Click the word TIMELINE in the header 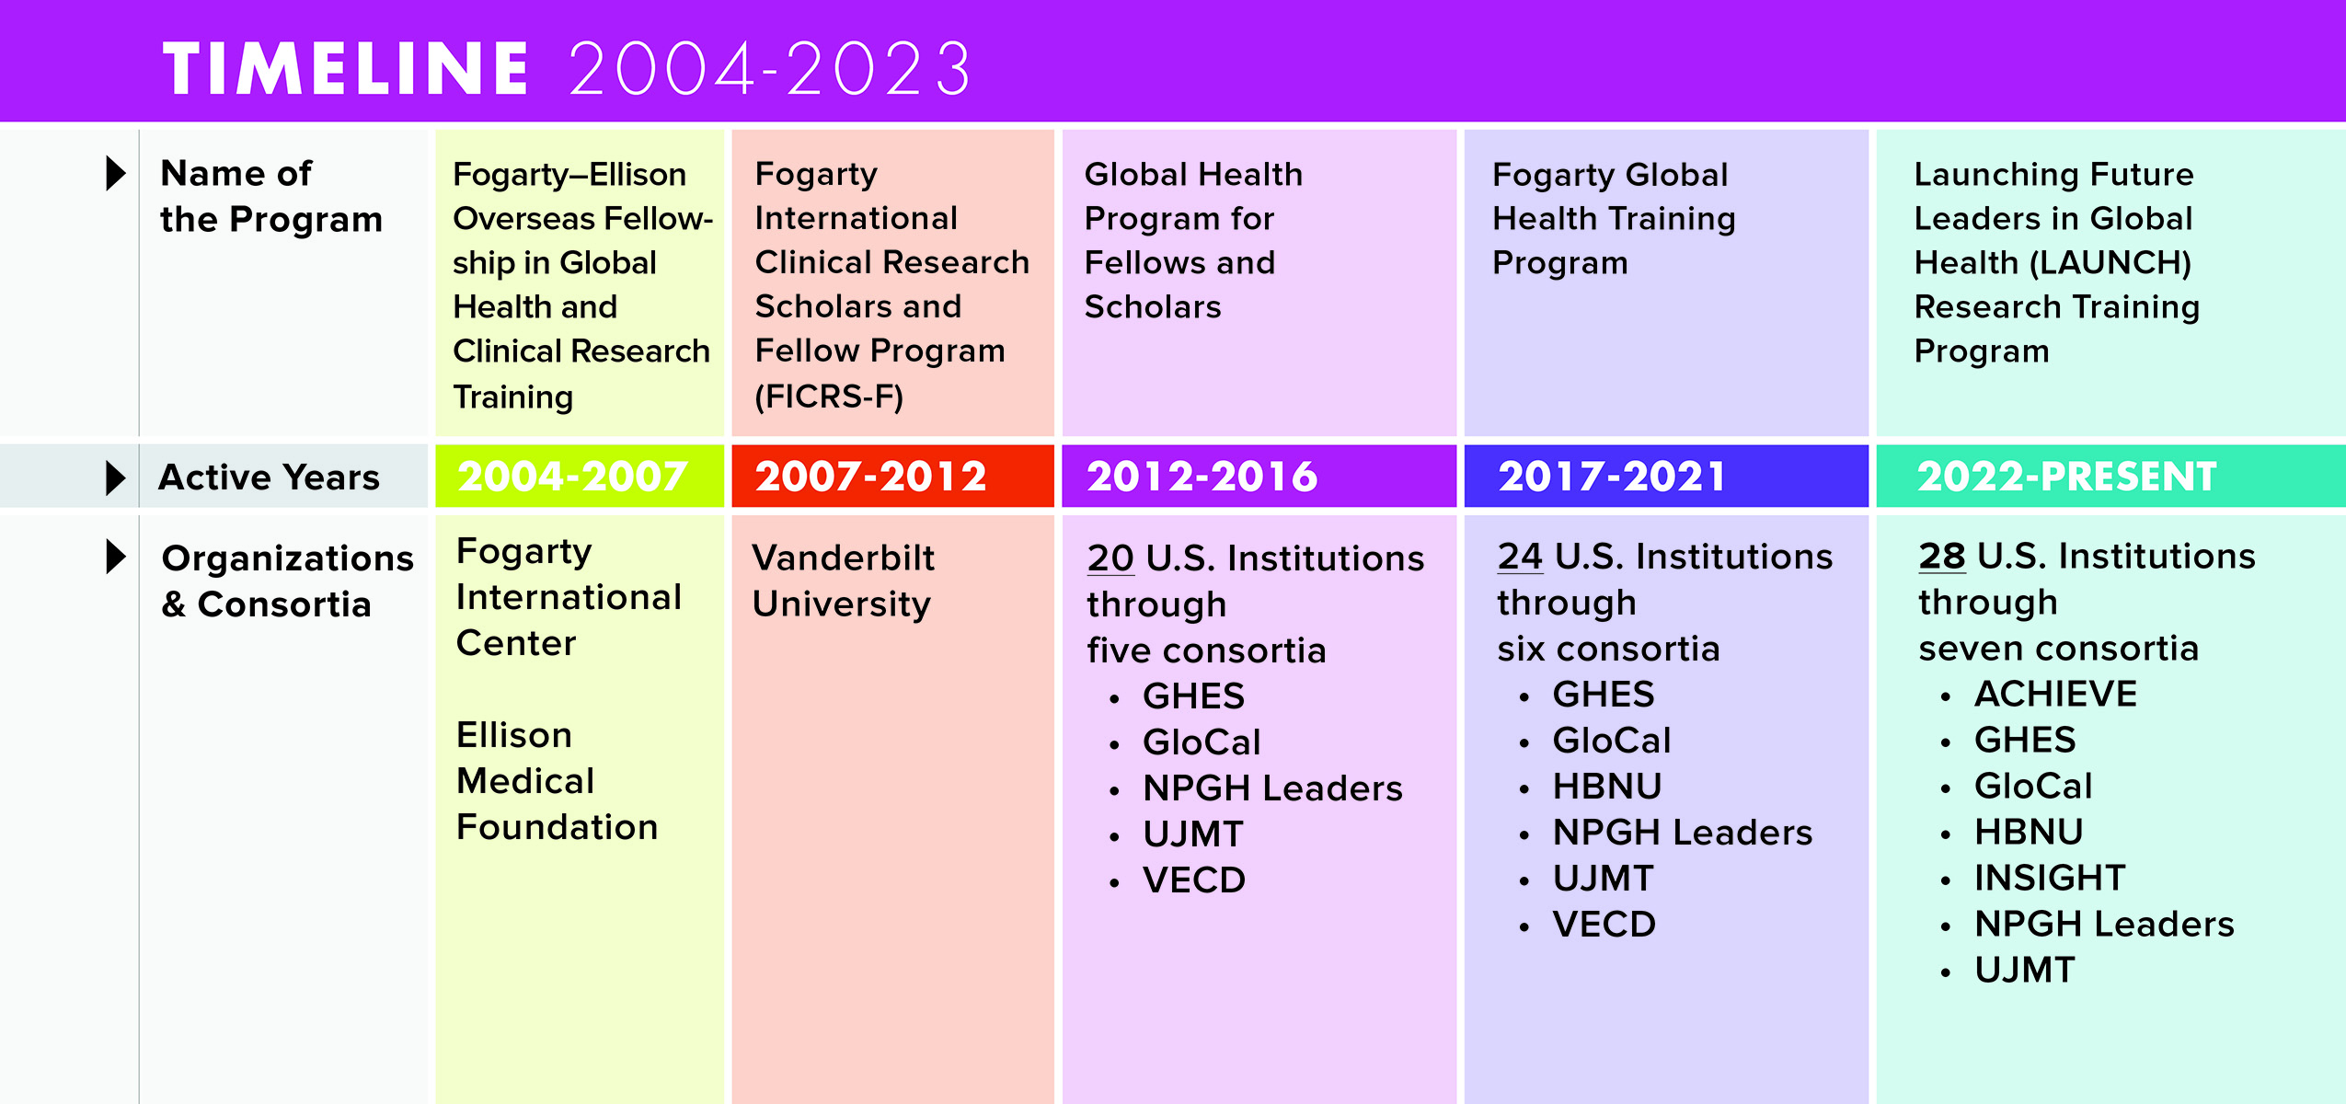(346, 69)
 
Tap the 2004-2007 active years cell (580, 476)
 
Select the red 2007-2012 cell (892, 476)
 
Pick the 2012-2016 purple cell (1259, 476)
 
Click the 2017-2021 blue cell (1666, 476)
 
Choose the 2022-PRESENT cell (2110, 476)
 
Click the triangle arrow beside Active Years (116, 477)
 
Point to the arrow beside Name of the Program (116, 173)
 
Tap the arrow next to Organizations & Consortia (116, 557)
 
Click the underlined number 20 (1110, 558)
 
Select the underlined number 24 (1520, 557)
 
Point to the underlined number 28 (1942, 557)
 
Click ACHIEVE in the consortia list (2055, 695)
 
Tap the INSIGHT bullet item (2050, 879)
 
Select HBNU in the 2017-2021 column (1607, 787)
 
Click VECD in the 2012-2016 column (1194, 880)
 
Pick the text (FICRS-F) (829, 397)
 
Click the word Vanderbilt (843, 558)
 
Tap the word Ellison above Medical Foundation (514, 736)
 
